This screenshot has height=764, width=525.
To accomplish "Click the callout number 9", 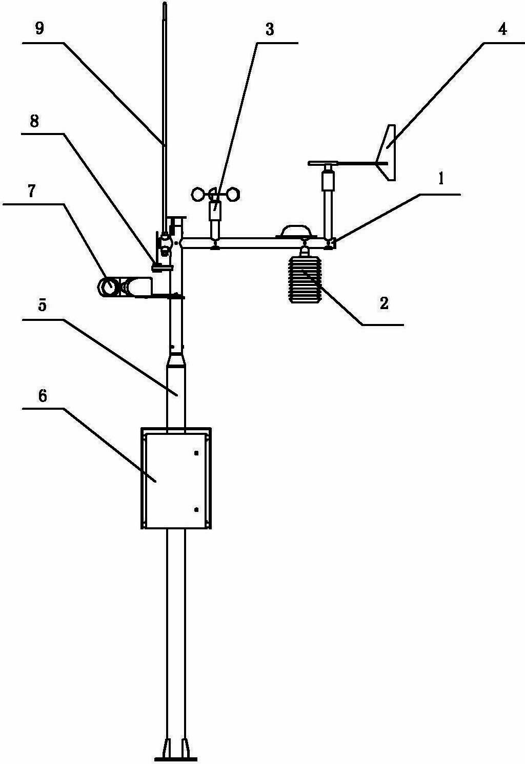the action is click(39, 29).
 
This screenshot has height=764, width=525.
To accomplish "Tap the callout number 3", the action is click(269, 30).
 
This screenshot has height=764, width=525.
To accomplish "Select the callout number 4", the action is click(502, 30).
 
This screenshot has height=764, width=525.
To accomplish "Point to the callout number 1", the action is click(441, 179).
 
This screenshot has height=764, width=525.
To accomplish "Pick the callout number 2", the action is click(383, 303).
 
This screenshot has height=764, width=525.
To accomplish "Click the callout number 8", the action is click(34, 121).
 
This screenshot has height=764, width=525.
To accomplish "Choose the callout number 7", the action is click(31, 192).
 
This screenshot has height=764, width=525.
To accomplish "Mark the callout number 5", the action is click(42, 305).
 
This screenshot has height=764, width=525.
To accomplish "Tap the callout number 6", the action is click(43, 396).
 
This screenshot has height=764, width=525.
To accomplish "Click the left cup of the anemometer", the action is click(198, 195).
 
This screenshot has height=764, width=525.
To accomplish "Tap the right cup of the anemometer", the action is click(233, 195).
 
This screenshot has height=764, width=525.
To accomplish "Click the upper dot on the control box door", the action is click(196, 453).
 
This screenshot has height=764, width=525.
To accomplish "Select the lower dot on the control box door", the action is click(196, 509).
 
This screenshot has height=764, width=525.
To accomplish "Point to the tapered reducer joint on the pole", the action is click(176, 360).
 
